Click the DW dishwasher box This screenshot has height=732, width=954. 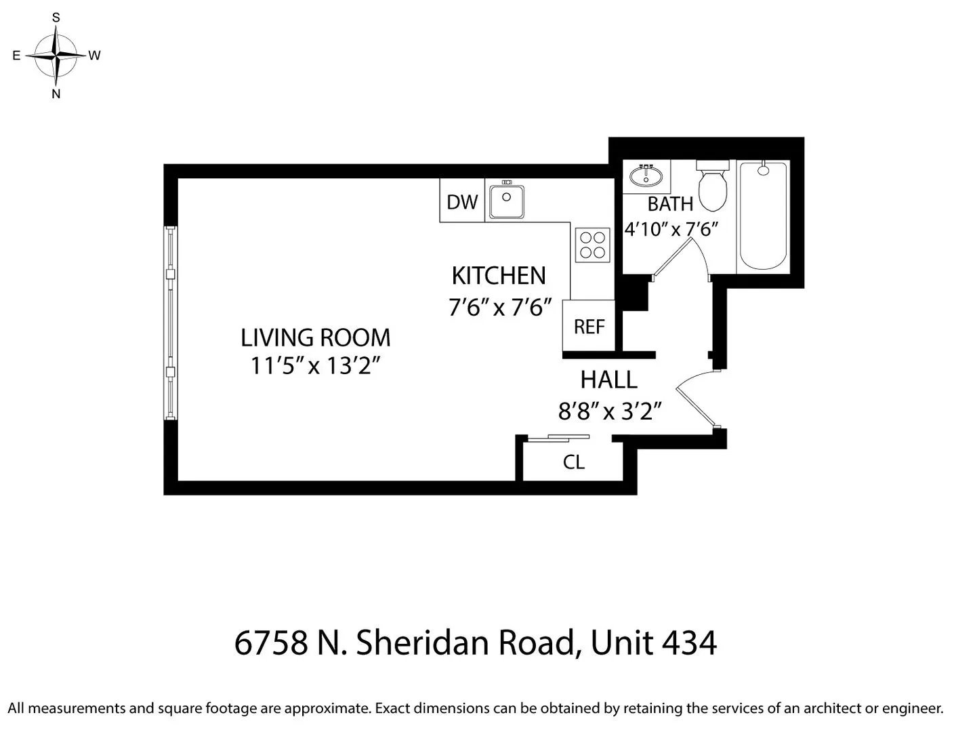(x=462, y=201)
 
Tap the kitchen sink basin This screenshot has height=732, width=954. (x=506, y=201)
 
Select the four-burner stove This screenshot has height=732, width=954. (x=593, y=245)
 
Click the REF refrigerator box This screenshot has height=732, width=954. (x=589, y=327)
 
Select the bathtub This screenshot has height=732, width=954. (x=764, y=216)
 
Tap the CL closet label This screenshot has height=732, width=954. (x=574, y=462)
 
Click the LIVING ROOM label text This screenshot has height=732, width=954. (x=315, y=338)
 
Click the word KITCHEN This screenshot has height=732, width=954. (x=499, y=276)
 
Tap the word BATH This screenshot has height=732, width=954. (x=670, y=204)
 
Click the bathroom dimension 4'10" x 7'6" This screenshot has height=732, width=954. (x=670, y=229)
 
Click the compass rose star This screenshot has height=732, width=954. (x=56, y=55)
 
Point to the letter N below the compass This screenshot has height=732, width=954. (x=56, y=94)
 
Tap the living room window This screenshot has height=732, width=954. (x=171, y=323)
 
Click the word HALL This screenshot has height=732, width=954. (x=608, y=380)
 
